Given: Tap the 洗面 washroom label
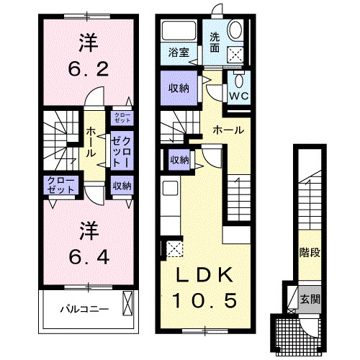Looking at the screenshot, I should pyautogui.click(x=215, y=42).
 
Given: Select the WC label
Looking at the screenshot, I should pyautogui.click(x=238, y=94).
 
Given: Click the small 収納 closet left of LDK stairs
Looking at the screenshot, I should pyautogui.click(x=180, y=159).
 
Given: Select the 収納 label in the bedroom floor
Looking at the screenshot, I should pyautogui.click(x=122, y=186).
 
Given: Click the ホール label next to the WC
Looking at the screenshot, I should pyautogui.click(x=228, y=130).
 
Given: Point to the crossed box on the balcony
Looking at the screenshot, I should pyautogui.click(x=129, y=303).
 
